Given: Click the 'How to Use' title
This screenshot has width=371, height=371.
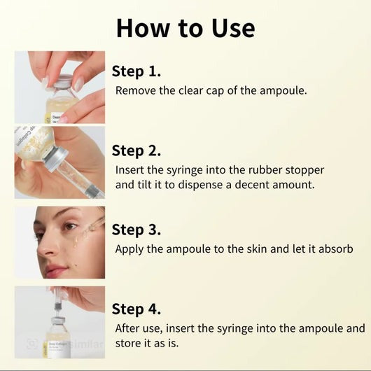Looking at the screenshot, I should point(185,28).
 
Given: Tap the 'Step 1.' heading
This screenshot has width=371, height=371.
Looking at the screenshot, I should point(136,71).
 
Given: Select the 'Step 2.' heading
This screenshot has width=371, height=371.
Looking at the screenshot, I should point(136,150).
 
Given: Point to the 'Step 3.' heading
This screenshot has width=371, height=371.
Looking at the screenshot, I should point(136,230).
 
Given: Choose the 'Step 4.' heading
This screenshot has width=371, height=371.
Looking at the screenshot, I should point(136,309).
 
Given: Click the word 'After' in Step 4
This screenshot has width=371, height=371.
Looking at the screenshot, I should point(130,328).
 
